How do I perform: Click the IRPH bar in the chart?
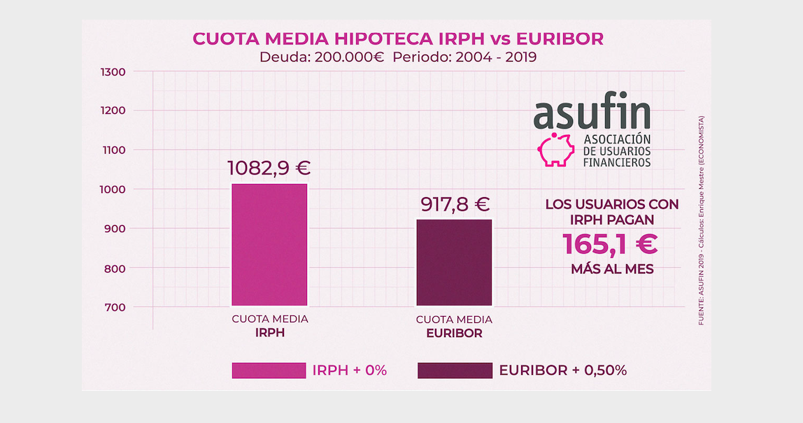click(x=269, y=245)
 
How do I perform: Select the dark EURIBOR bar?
click(x=454, y=263)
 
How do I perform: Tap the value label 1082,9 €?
click(x=269, y=169)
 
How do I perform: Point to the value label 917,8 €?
click(x=455, y=204)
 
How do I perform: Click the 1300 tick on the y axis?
click(x=113, y=71)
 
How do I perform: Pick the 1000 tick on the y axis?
click(x=113, y=189)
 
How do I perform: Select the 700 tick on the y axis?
click(x=115, y=308)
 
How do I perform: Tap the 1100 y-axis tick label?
click(x=113, y=150)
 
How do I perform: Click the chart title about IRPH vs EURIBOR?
click(x=397, y=38)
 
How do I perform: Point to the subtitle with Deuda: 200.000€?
click(x=397, y=57)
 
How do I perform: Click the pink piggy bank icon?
click(x=555, y=149)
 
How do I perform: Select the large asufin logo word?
click(x=592, y=113)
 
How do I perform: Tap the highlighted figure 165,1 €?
click(x=610, y=245)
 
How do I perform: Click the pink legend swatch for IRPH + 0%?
click(x=269, y=371)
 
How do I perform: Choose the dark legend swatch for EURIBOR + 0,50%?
click(x=454, y=371)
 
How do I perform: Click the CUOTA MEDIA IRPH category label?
click(x=269, y=327)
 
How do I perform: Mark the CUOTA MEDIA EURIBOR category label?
click(x=454, y=327)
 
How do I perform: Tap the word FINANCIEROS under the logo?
click(x=617, y=162)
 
